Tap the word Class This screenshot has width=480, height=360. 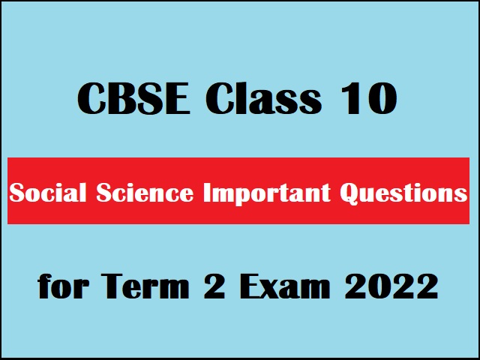pos(262,100)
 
